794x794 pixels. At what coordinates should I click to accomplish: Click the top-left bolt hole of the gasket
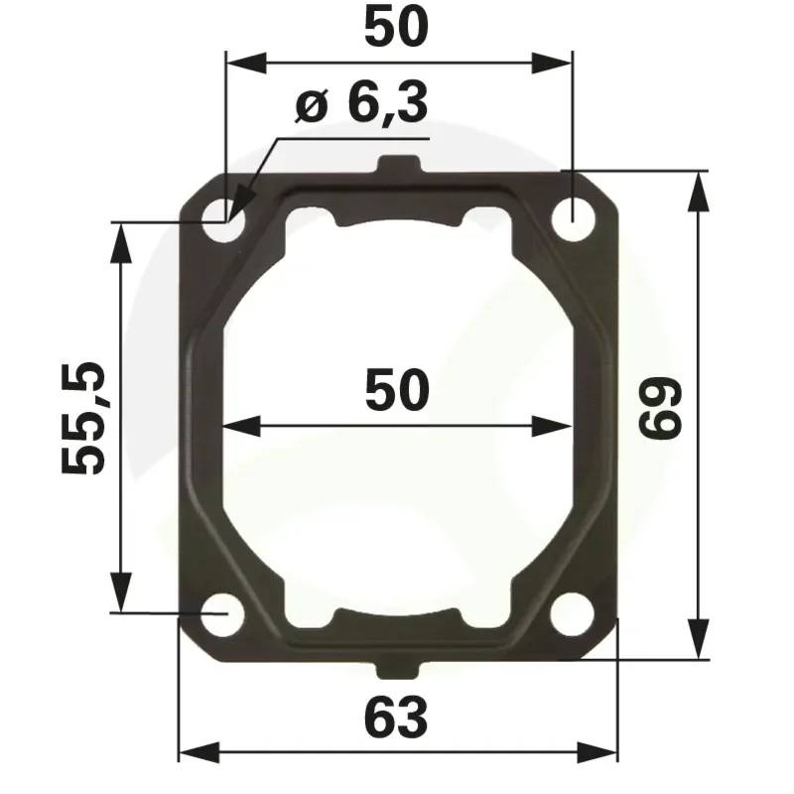(222, 220)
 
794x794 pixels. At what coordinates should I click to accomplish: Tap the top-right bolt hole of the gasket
(574, 219)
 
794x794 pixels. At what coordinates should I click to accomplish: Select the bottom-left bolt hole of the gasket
(221, 614)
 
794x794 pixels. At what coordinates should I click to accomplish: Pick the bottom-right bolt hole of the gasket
(573, 613)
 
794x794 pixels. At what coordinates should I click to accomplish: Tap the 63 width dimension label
(396, 717)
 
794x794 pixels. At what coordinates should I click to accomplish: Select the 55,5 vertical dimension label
(82, 417)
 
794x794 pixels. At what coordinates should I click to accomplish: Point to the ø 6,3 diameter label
(361, 104)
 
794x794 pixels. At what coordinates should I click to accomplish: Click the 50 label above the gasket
(396, 28)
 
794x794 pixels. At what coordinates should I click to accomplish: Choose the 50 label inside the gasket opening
(397, 390)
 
